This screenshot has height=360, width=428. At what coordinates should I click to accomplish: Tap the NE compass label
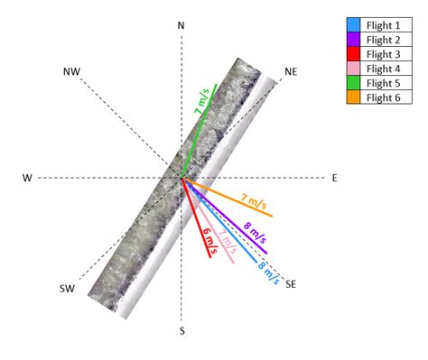tap(290, 71)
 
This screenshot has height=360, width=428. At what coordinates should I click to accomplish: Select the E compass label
tap(334, 178)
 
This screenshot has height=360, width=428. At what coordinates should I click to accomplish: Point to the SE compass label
tap(291, 284)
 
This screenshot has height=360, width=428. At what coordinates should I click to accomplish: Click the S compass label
tap(181, 331)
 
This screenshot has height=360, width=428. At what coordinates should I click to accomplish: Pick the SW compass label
tap(67, 288)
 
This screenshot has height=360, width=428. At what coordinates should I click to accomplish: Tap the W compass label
tap(26, 178)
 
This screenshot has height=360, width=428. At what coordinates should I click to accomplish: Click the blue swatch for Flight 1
tap(355, 24)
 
